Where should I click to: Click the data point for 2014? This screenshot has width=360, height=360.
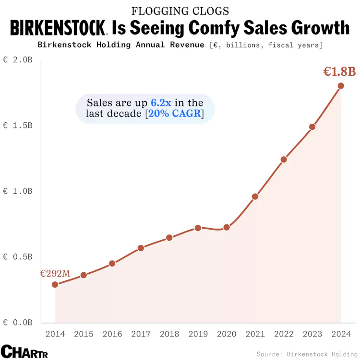point(55,284)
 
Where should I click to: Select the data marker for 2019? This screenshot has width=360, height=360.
point(198,228)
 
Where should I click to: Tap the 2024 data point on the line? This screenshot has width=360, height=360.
point(341,86)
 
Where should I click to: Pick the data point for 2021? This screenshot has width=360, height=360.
point(255,197)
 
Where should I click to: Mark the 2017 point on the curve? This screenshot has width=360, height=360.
point(141,248)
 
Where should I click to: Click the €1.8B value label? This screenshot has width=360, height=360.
point(339,72)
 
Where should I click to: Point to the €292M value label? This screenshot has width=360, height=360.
point(55,274)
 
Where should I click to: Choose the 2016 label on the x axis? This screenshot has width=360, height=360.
point(112,334)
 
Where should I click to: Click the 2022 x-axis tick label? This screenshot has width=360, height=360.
point(284,334)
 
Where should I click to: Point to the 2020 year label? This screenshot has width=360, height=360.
point(227,334)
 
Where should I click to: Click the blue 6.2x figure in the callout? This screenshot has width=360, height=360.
point(160,103)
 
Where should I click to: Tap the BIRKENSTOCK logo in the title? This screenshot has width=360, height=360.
point(59,28)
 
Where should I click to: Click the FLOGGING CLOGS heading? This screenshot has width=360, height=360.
point(180,11)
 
